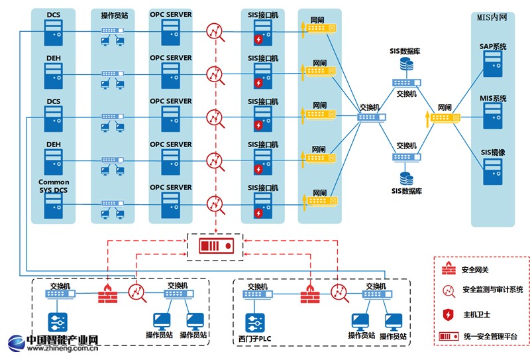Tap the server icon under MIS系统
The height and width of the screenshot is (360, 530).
tap(493, 115)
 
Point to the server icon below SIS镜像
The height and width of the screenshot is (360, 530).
tap(493, 169)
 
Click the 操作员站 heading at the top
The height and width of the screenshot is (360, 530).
tap(113, 15)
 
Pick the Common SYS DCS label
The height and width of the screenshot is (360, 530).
tap(54, 186)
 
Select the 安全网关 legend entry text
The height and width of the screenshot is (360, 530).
tap(476, 270)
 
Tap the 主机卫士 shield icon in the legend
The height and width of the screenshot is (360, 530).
tap(449, 314)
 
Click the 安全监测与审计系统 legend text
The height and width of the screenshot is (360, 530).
tap(492, 290)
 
